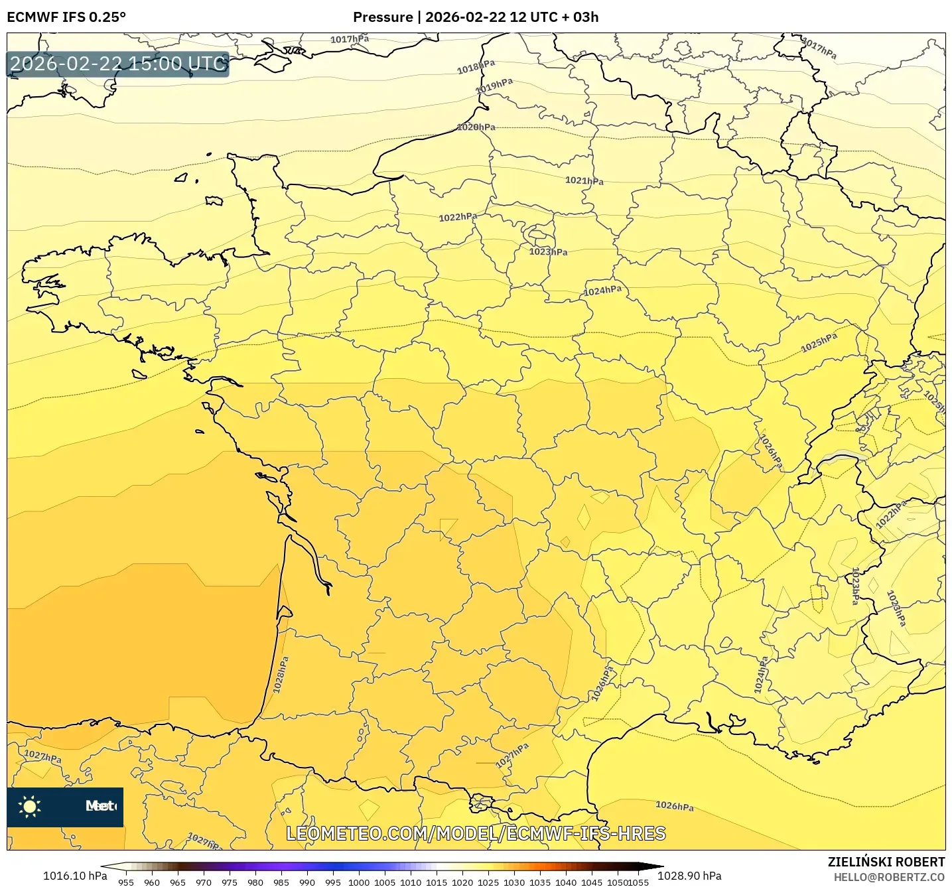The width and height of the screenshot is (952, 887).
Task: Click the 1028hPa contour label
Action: coord(281,675)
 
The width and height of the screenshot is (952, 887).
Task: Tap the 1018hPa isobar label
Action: coord(476,67)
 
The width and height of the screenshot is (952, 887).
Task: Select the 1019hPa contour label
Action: coord(494,86)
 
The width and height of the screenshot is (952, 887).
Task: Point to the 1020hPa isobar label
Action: coord(476,127)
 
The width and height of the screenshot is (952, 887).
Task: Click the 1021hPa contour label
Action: coord(584,180)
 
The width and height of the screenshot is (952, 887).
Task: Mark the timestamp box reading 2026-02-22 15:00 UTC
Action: coord(118,64)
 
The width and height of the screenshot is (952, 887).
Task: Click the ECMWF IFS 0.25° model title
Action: coord(66,17)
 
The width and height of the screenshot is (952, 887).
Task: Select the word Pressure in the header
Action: coord(382,17)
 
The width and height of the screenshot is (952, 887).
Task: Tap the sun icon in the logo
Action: coord(29,806)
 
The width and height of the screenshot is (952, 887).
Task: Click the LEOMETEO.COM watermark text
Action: coord(476,833)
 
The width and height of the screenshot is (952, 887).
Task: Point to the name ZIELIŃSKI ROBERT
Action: coord(886,862)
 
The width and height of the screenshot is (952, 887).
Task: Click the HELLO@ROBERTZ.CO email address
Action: coord(889,877)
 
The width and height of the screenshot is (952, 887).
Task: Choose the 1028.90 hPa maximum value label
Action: coord(689,876)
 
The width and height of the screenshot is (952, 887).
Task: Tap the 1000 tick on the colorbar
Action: coord(359,882)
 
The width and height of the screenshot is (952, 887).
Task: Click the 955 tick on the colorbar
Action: coord(126,882)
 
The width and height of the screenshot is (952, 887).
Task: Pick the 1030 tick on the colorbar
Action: coord(514,882)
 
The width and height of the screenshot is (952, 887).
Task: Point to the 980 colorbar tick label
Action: coord(255,882)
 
